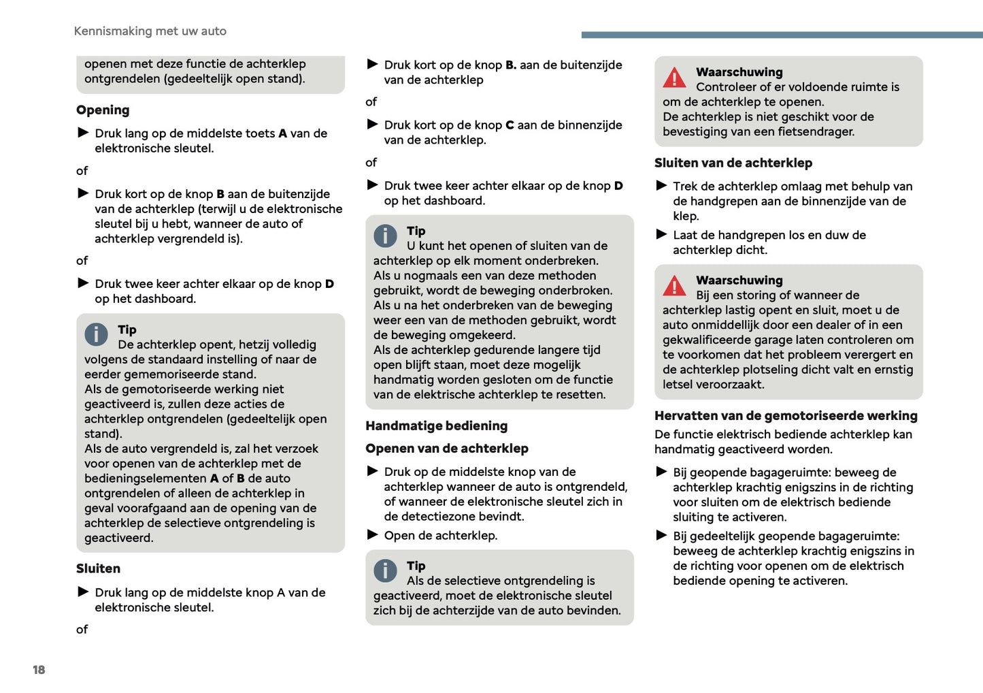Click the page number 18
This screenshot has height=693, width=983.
[39, 670]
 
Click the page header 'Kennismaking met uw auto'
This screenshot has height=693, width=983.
[150, 31]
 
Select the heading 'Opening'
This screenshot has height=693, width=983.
[103, 110]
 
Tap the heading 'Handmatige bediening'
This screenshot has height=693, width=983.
[436, 426]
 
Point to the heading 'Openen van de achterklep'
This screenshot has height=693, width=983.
[446, 449]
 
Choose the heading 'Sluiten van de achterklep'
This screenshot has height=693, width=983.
[733, 163]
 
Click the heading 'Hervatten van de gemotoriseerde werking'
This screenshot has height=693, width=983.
[786, 416]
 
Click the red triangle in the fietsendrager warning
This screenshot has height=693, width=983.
[674, 78]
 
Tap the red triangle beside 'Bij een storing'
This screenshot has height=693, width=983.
[674, 286]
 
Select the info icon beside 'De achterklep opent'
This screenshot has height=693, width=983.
[96, 334]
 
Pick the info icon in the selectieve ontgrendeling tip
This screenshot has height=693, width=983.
[385, 570]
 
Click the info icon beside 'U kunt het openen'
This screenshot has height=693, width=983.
[385, 236]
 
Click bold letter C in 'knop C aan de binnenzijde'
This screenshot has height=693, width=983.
[510, 125]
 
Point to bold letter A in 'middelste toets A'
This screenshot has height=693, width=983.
[283, 133]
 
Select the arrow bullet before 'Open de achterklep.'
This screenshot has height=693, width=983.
[372, 535]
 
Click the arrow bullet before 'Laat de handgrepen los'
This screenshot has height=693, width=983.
[661, 235]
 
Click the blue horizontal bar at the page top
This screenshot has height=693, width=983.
[782, 35]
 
